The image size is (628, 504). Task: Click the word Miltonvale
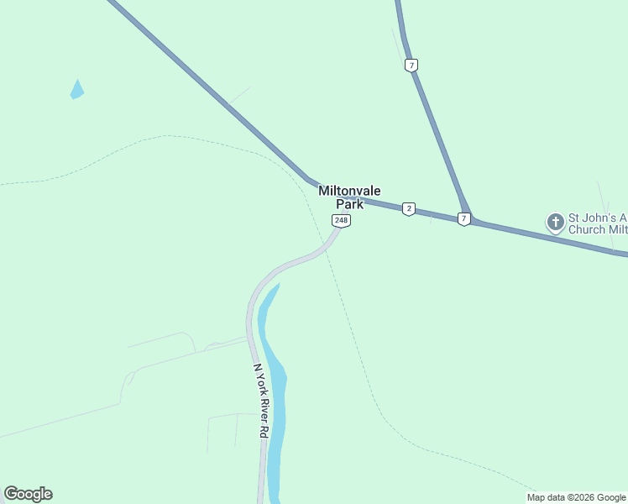(x=349, y=191)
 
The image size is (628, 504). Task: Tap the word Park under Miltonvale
(x=349, y=204)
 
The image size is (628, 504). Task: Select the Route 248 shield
(x=341, y=221)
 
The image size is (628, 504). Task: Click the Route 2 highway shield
(x=408, y=209)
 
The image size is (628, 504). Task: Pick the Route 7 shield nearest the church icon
(x=464, y=219)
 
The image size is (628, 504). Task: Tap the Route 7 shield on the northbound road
(x=411, y=65)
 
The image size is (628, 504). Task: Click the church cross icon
(x=555, y=223)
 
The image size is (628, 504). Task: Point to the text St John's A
(x=598, y=217)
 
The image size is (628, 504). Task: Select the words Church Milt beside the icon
(x=598, y=229)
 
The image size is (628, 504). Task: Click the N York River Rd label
(x=260, y=400)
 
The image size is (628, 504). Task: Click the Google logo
(x=28, y=494)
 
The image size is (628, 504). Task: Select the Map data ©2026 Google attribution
(x=576, y=497)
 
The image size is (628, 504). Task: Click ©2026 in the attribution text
(x=576, y=497)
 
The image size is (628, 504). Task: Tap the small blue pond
(x=76, y=90)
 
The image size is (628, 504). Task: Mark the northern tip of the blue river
(x=278, y=285)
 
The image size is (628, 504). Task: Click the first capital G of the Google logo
(x=11, y=494)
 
